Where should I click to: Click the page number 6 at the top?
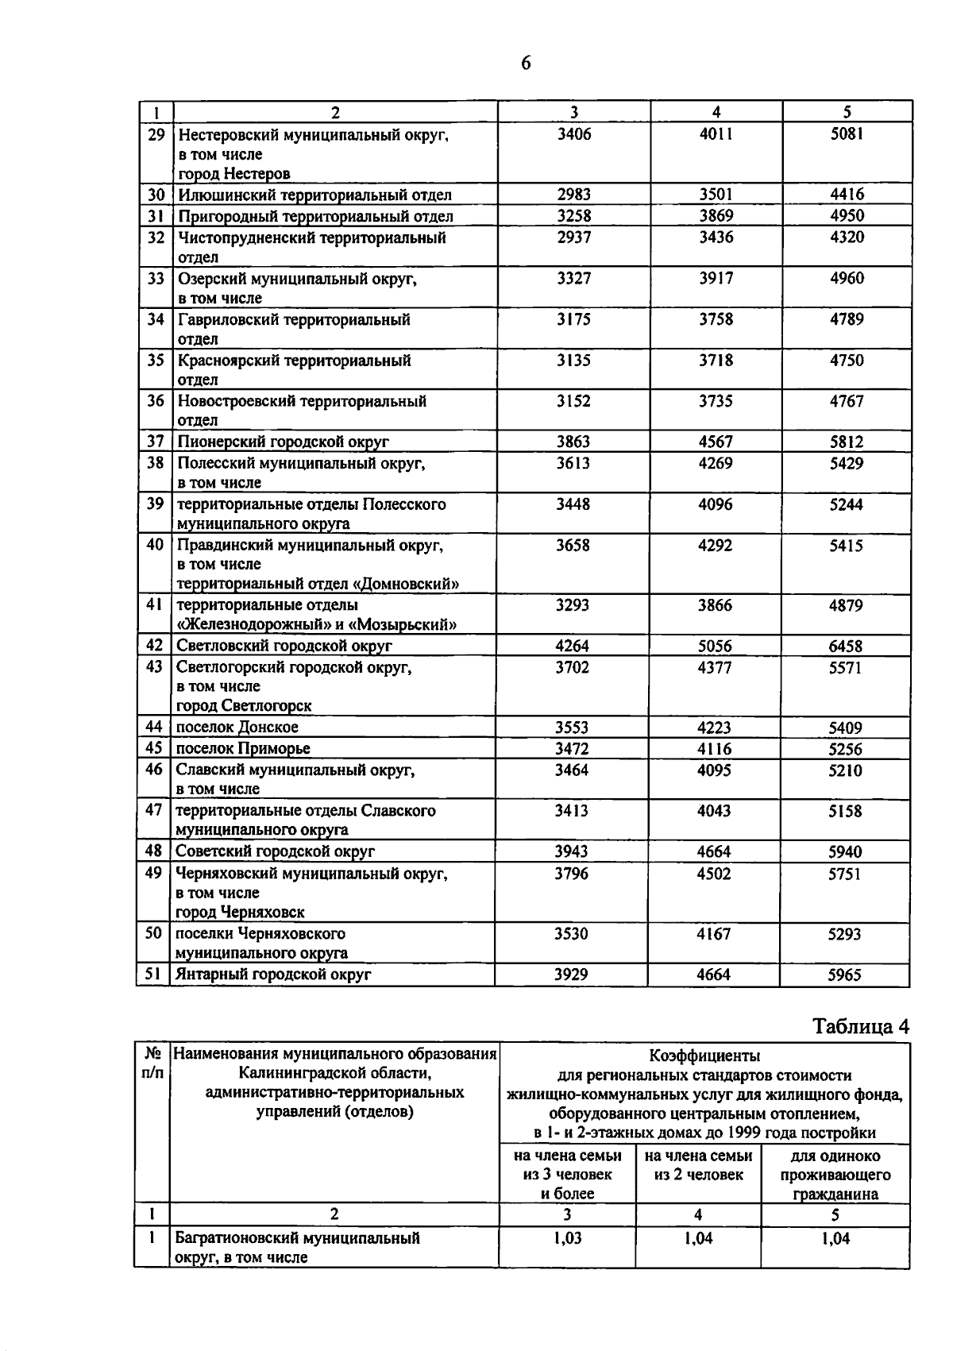pos(526,64)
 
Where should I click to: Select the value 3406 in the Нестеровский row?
pos(573,134)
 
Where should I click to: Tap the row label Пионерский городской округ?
pos(283,442)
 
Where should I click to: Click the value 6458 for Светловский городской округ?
pos(845,647)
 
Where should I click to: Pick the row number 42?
pos(155,646)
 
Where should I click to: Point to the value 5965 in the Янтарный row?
pos(844,975)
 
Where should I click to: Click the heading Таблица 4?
pos(861,1026)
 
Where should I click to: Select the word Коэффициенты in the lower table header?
pos(704,1056)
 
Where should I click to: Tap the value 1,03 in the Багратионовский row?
pos(567,1237)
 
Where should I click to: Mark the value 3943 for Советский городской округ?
pos(571,851)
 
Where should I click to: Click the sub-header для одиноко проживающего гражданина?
pos(835,1175)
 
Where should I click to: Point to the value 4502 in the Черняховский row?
pos(714,874)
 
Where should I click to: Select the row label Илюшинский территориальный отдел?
pos(314,195)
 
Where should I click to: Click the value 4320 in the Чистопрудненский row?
pos(847,237)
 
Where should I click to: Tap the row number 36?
pos(156,401)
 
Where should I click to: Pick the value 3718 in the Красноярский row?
pos(716,361)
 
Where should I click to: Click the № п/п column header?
pos(153,1063)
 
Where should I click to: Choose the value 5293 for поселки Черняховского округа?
pos(844,934)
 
